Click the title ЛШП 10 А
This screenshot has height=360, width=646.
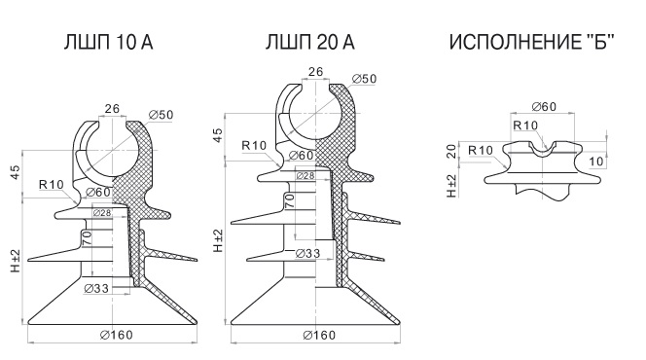[108, 42]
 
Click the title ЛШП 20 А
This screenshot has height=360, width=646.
[309, 42]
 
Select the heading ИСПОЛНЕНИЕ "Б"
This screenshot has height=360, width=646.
[531, 42]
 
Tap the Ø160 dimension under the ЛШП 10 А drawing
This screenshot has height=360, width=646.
[117, 335]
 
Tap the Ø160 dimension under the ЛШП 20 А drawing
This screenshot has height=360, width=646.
[319, 336]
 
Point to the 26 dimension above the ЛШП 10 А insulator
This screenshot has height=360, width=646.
[112, 109]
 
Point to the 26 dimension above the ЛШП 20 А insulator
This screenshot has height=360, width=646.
[315, 72]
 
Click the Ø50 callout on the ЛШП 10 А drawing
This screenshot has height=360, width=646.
[161, 115]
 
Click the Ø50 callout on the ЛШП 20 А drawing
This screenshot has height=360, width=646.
[365, 79]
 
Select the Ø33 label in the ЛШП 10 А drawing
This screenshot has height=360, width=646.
[96, 288]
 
